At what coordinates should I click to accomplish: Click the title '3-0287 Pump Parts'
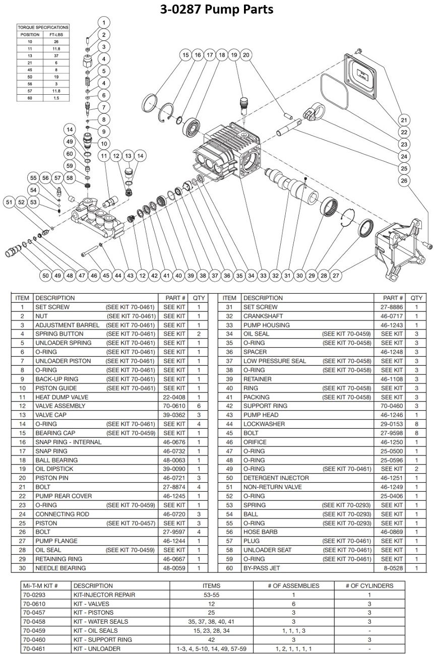(217, 9)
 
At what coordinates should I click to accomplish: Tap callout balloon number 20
(246, 55)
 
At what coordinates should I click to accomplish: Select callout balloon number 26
(404, 180)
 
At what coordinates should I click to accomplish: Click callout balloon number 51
(9, 202)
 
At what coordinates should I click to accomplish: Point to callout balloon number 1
(103, 23)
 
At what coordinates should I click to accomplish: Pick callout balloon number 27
(336, 276)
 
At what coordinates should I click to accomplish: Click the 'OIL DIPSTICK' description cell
(55, 469)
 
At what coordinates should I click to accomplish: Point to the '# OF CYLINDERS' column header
(369, 585)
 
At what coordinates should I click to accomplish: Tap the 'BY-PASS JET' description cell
(262, 568)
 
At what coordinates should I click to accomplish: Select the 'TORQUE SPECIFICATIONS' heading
(43, 27)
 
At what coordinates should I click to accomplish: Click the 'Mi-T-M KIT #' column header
(40, 585)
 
